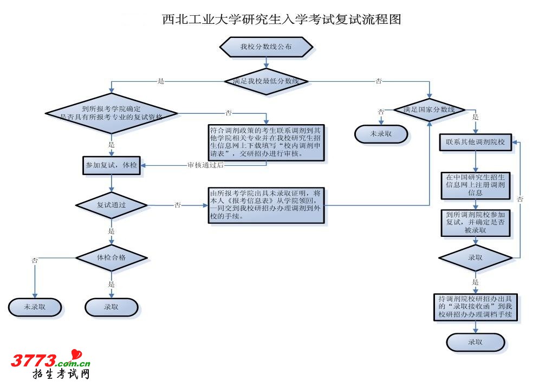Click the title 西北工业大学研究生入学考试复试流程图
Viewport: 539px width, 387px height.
tap(282, 20)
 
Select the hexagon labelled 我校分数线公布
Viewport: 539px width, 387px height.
tap(266, 47)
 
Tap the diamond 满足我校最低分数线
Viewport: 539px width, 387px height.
tap(266, 81)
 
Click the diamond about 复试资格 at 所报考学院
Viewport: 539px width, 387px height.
tap(111, 112)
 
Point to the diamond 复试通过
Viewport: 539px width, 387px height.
tap(112, 205)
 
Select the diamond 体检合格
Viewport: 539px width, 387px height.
tap(111, 257)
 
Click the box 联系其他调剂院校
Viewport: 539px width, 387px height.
tap(475, 143)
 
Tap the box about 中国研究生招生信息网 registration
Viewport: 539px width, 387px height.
tap(475, 185)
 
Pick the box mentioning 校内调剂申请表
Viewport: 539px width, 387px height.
tap(266, 143)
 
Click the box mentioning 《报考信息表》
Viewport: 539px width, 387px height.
tap(266, 204)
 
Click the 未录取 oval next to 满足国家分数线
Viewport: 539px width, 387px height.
tap(381, 133)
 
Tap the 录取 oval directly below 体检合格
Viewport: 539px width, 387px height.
tap(111, 307)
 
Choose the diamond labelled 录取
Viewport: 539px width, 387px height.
tap(475, 258)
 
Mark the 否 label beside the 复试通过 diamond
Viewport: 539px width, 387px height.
tap(178, 205)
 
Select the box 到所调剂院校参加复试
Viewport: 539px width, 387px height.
tap(475, 222)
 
